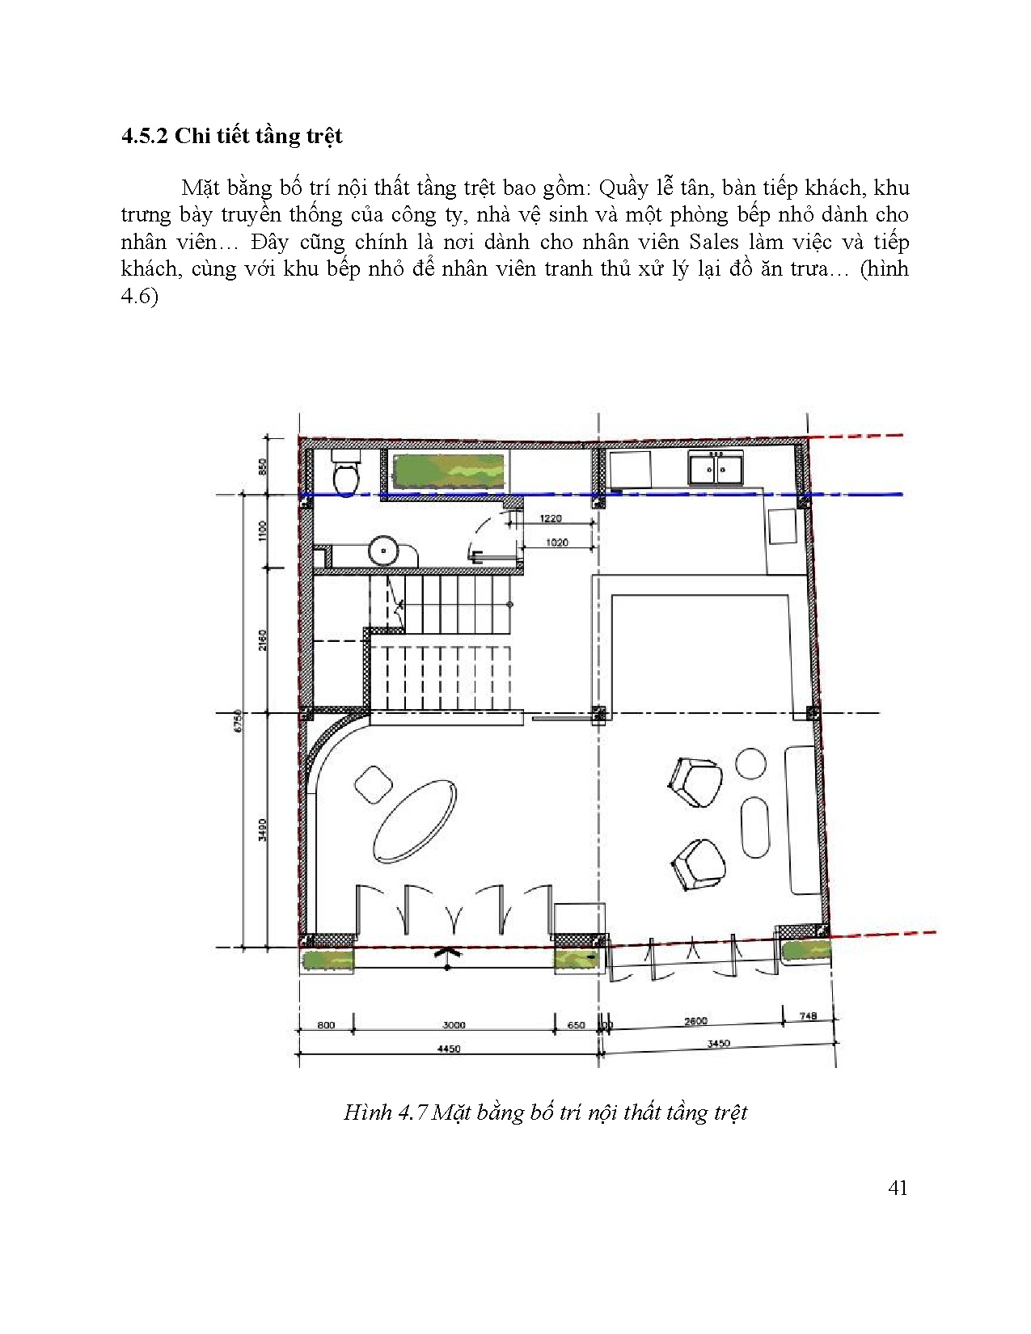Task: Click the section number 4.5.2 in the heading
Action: pos(144,136)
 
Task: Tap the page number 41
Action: pos(898,1188)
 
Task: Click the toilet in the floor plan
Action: pos(346,471)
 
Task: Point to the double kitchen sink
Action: pos(716,467)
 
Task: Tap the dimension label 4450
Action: pos(449,1049)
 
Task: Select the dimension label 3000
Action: pos(454,1024)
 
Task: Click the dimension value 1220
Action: pos(551,518)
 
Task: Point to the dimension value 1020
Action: pos(557,542)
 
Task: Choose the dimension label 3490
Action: pos(263,830)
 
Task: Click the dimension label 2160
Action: pos(263,640)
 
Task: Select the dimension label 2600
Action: pos(695,1021)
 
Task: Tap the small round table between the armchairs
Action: pos(750,763)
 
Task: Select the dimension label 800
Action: pos(326,1024)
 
